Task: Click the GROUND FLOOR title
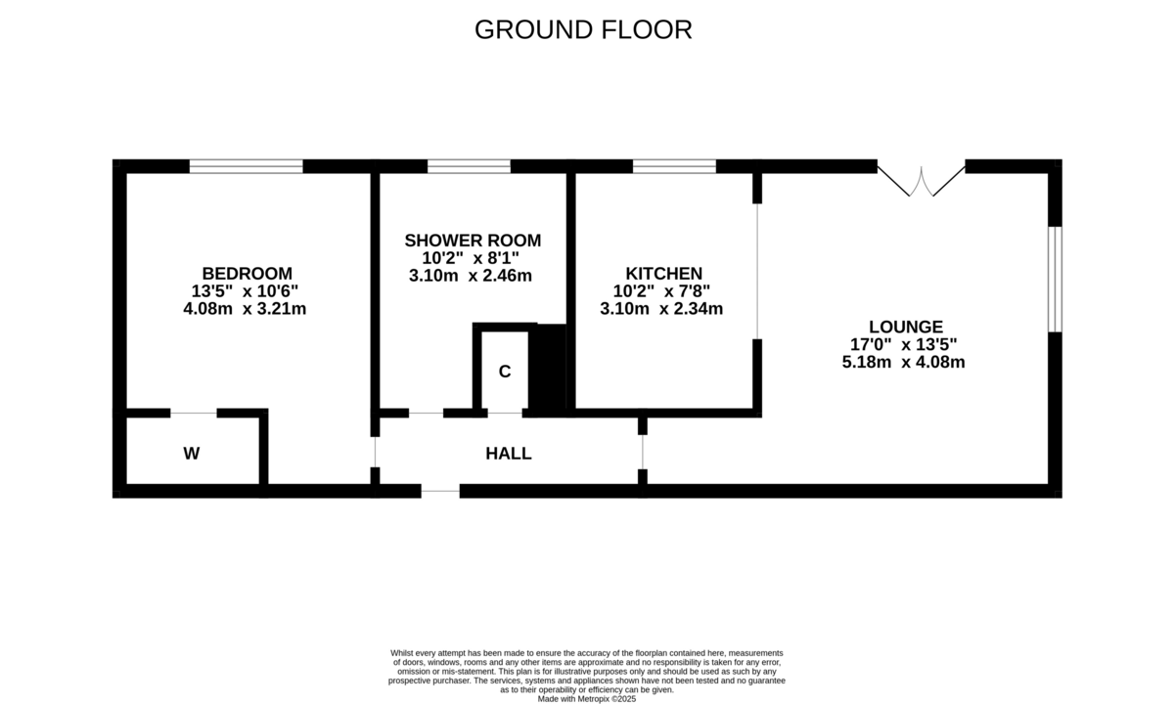(x=583, y=29)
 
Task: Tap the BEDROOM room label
(x=247, y=273)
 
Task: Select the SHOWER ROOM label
(x=473, y=241)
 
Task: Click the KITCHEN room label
(x=663, y=273)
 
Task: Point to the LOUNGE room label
(x=905, y=327)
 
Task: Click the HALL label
(x=509, y=454)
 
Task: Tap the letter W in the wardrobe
(x=192, y=454)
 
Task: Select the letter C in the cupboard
(x=505, y=372)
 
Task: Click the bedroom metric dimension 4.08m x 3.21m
(x=247, y=309)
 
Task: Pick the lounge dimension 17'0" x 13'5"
(x=903, y=344)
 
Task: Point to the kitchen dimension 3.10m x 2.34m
(x=661, y=309)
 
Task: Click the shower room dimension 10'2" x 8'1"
(x=471, y=258)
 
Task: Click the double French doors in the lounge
(x=921, y=180)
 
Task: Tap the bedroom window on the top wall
(x=247, y=166)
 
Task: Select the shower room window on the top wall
(x=469, y=166)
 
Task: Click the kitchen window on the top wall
(x=674, y=166)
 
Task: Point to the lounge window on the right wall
(x=1055, y=279)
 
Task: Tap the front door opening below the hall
(x=440, y=491)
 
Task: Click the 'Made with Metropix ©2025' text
(x=587, y=699)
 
